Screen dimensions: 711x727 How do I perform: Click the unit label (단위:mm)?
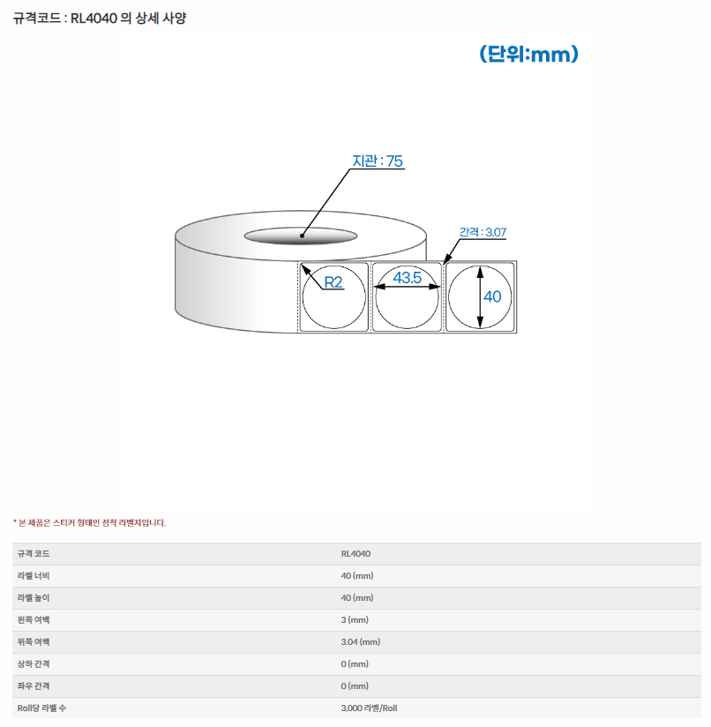(529, 54)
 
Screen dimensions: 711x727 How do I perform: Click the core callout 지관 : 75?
(378, 161)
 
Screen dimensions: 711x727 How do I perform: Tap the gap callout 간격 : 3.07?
(483, 232)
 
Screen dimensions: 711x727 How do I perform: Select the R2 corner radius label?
(333, 282)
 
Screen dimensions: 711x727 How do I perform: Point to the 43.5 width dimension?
(407, 277)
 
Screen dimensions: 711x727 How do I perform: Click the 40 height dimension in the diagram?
(492, 296)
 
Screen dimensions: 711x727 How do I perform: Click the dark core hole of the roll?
(301, 236)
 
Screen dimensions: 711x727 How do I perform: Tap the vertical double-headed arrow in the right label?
(480, 296)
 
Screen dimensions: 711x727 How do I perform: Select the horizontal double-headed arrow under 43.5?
(407, 287)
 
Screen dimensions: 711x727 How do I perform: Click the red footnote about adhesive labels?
(89, 522)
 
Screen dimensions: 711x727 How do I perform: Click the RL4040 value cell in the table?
(355, 553)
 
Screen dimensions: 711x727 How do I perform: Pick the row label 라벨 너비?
(34, 575)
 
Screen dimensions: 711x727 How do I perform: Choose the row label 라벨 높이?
(34, 597)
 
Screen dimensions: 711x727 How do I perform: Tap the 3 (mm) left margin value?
(355, 619)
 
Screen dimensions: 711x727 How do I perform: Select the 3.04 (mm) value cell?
(361, 641)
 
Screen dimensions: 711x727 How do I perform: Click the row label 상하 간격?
(34, 663)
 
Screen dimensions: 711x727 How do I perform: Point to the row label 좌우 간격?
(34, 686)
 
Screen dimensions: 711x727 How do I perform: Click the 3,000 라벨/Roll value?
(369, 708)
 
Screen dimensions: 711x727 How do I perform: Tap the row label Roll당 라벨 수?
(41, 708)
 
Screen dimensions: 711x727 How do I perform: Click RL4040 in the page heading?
(94, 19)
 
